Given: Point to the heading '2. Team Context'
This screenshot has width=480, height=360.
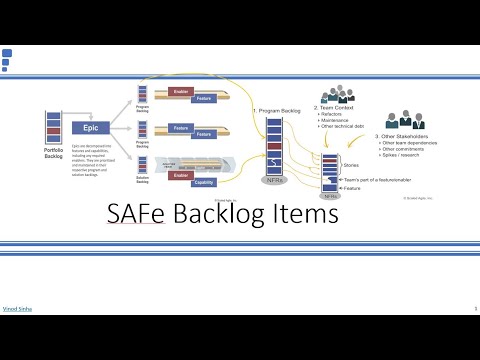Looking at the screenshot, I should click(x=339, y=107).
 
